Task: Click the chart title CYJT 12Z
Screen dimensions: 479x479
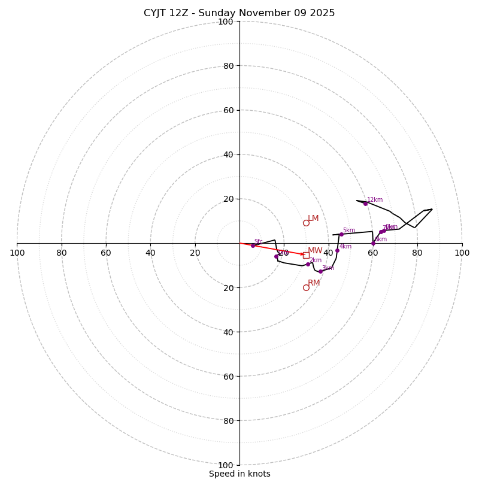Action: pyautogui.click(x=239, y=13)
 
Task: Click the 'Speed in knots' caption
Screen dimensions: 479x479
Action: pyautogui.click(x=239, y=474)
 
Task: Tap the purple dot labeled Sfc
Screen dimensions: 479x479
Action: pyautogui.click(x=253, y=245)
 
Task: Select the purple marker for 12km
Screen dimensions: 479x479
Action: pyautogui.click(x=365, y=204)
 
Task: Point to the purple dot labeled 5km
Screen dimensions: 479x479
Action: pyautogui.click(x=341, y=234)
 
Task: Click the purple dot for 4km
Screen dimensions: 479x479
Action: pyautogui.click(x=337, y=250)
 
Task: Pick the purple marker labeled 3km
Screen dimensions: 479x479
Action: pyautogui.click(x=320, y=271)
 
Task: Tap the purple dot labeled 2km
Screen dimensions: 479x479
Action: pyautogui.click(x=308, y=264)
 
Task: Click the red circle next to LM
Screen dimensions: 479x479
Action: pyautogui.click(x=306, y=223)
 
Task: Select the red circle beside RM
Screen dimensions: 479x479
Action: pyautogui.click(x=306, y=287)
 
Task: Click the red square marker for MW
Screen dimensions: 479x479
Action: pyautogui.click(x=306, y=255)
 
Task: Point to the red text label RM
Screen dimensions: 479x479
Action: pyautogui.click(x=314, y=283)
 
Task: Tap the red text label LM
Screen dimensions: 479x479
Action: pyautogui.click(x=313, y=219)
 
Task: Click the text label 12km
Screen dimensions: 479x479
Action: pyautogui.click(x=375, y=200)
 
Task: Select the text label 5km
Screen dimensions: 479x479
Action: pyautogui.click(x=348, y=231)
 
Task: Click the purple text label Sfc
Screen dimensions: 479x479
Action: pyautogui.click(x=258, y=242)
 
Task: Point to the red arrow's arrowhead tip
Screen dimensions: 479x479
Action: pyautogui.click(x=304, y=254)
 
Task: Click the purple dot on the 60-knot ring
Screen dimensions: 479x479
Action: pyautogui.click(x=373, y=244)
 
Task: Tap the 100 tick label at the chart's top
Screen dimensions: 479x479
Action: pyautogui.click(x=226, y=22)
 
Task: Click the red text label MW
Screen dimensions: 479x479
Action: pyautogui.click(x=315, y=251)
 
